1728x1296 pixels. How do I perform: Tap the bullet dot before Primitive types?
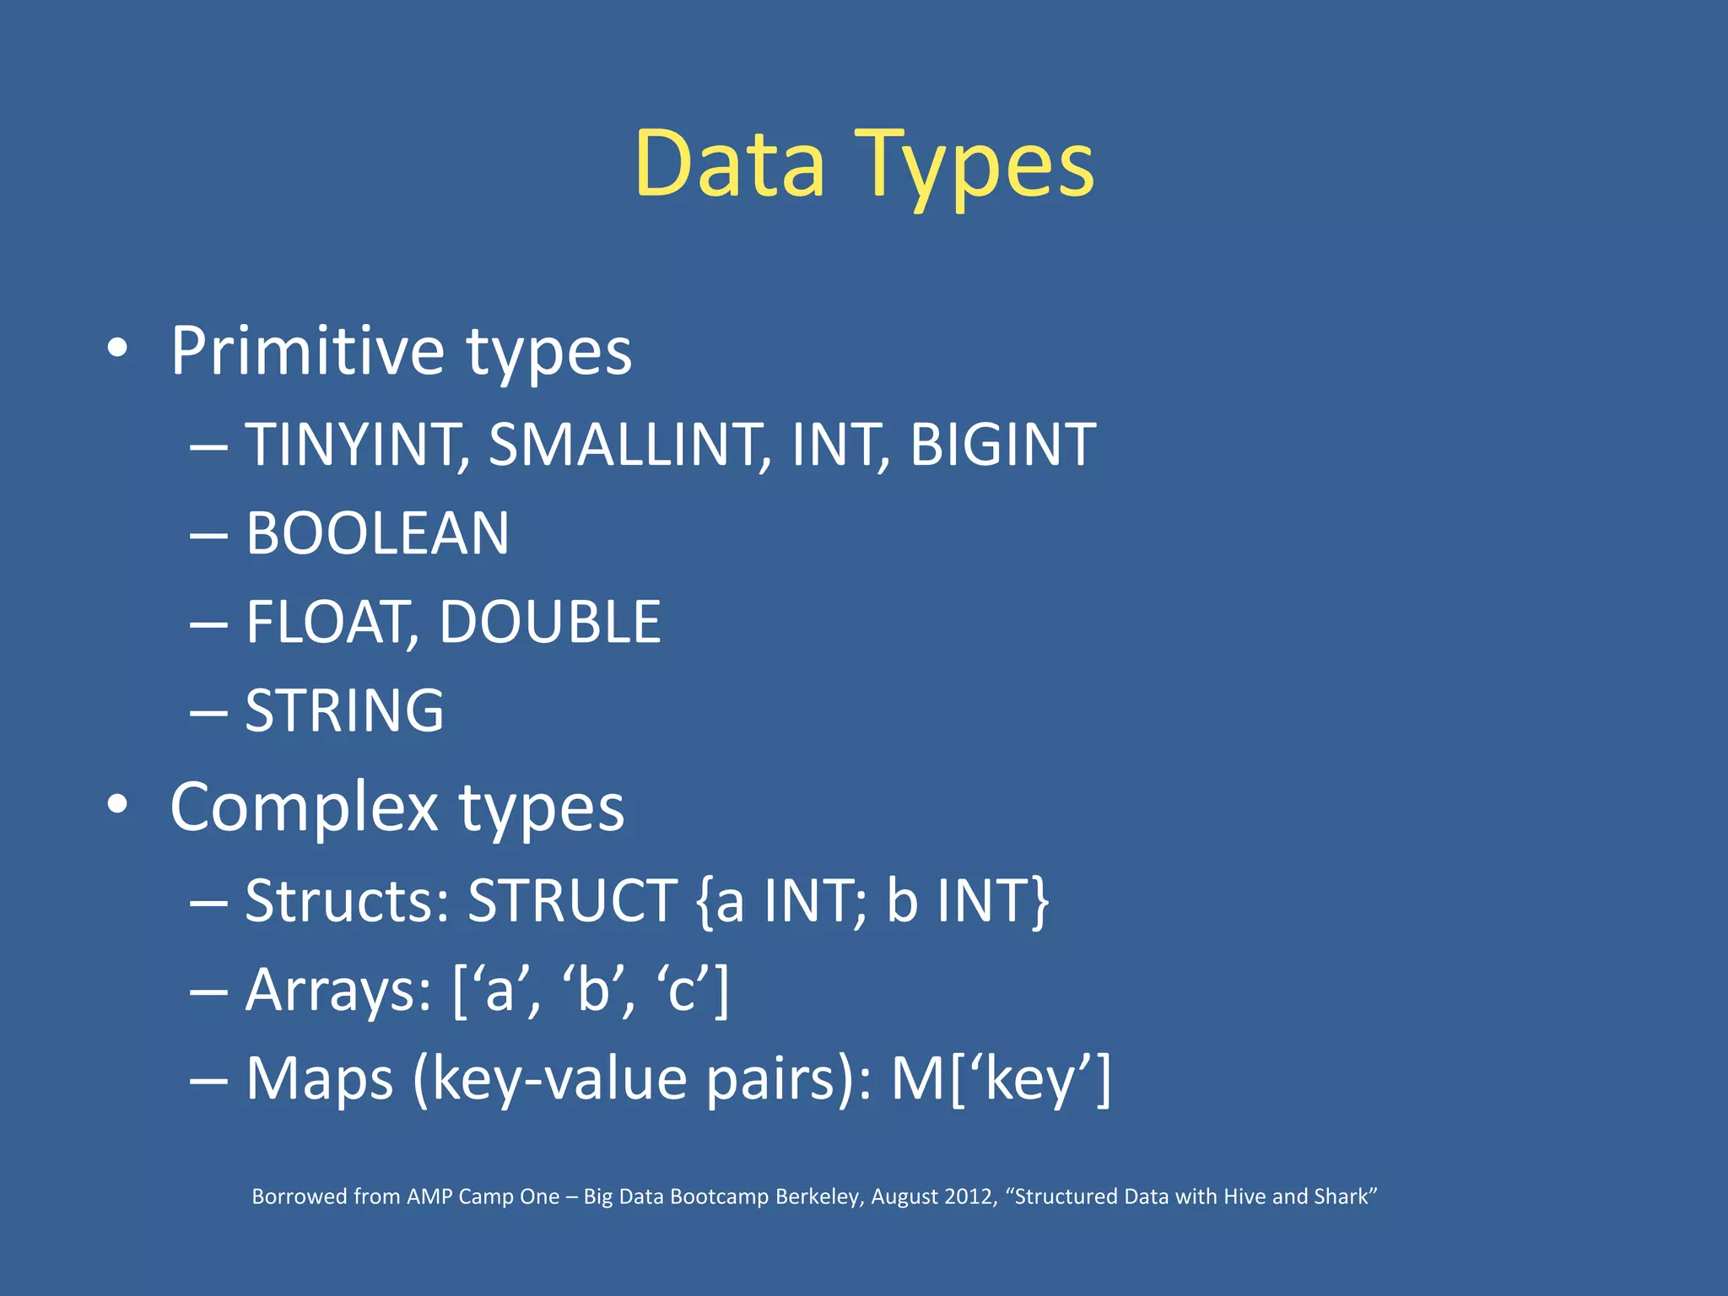(117, 348)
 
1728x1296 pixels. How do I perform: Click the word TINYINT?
(354, 445)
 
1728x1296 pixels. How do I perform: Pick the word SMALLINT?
(627, 445)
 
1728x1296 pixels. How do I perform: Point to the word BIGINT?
(1002, 445)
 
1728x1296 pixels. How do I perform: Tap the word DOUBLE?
(549, 623)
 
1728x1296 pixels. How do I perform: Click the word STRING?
(344, 710)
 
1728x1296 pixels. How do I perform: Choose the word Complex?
(304, 807)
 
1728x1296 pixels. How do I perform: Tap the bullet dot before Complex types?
(117, 804)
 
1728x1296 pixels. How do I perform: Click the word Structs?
(347, 900)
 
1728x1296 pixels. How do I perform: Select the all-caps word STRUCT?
(572, 900)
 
